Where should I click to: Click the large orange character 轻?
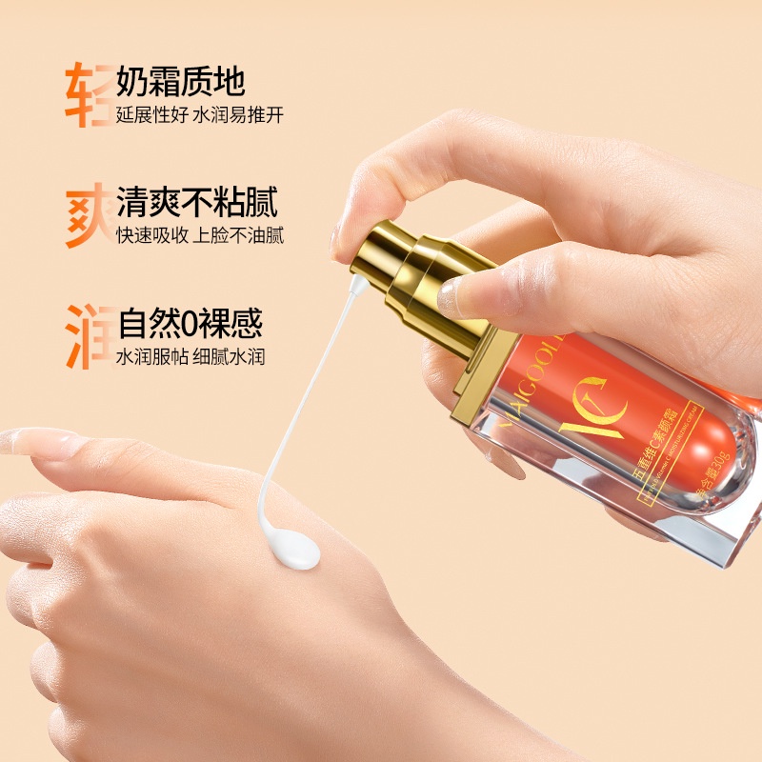(x=89, y=94)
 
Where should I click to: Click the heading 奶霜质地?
(x=181, y=81)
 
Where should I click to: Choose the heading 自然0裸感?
(x=190, y=325)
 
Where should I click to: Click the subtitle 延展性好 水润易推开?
(x=200, y=114)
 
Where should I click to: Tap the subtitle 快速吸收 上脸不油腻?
(x=200, y=235)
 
